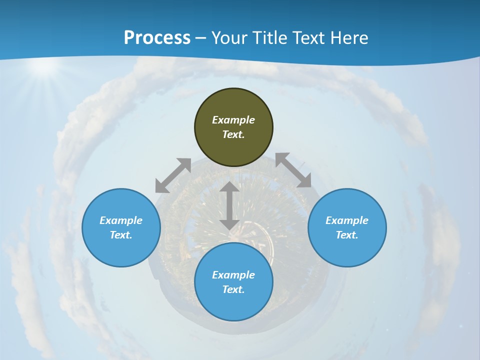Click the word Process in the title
click(x=157, y=38)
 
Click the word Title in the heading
click(x=270, y=38)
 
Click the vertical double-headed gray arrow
click(x=229, y=206)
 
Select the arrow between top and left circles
click(x=173, y=175)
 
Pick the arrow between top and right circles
click(x=293, y=170)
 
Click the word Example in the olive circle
click(x=233, y=120)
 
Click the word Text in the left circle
click(x=120, y=235)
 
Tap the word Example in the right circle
click(x=347, y=220)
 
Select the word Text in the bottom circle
click(x=233, y=289)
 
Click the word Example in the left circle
click(x=121, y=220)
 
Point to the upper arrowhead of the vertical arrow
click(x=229, y=187)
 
